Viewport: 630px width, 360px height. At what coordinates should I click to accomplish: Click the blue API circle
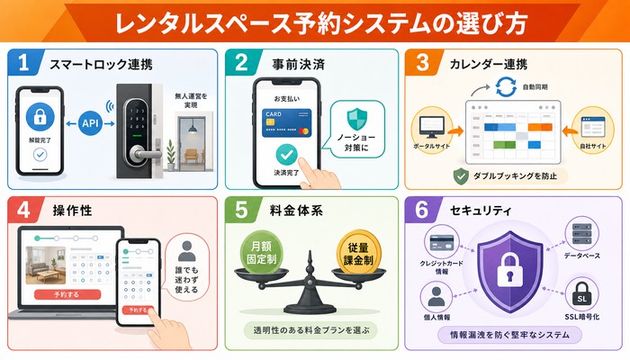pos(90,123)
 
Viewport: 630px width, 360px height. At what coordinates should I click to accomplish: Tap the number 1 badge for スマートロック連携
pos(24,63)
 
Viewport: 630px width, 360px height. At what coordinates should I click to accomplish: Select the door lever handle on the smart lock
pos(145,154)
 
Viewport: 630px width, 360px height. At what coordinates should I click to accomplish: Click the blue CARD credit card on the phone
pos(286,123)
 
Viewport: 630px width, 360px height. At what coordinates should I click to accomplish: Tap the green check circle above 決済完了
pos(286,155)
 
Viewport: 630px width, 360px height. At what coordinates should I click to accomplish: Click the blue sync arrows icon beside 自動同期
pos(506,86)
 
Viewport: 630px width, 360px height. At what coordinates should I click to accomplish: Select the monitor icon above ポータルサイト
pos(431,128)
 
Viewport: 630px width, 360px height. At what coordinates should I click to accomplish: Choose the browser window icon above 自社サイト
pos(592,127)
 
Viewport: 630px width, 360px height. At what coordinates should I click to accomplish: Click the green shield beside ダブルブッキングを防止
pos(461,176)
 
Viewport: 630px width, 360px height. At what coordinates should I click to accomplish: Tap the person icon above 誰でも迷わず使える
pos(187,251)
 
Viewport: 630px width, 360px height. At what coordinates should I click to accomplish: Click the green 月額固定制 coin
pos(262,253)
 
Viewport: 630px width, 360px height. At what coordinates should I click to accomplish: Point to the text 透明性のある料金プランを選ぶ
pos(311,330)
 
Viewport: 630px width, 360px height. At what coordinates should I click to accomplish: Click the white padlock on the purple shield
pos(510,269)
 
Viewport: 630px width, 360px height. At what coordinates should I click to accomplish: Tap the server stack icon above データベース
pos(581,234)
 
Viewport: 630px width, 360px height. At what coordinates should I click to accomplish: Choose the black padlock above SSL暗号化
pos(581,294)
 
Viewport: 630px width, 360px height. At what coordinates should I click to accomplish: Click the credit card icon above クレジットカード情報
pos(442,242)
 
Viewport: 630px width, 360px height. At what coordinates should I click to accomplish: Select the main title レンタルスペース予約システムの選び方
pos(321,22)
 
